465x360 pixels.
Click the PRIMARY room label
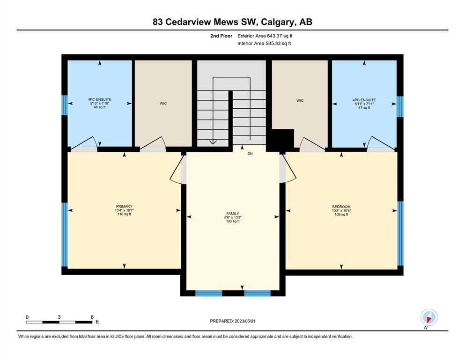pos(124,207)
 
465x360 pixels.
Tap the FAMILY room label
pos(233,213)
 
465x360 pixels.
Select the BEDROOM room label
pos(341,207)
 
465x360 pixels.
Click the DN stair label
pos(250,154)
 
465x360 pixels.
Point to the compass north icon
pos(429,317)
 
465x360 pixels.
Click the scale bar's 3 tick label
pos(59,317)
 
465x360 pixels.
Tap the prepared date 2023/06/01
pos(245,321)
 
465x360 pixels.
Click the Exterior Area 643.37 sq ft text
pos(265,36)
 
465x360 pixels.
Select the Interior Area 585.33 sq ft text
pos(264,43)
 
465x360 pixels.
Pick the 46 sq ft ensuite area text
pos(100,107)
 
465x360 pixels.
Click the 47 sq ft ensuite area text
pos(364,108)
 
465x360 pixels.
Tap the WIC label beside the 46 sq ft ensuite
pos(163,104)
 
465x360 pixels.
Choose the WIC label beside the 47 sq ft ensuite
pos(300,101)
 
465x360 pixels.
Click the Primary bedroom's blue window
pos(64,234)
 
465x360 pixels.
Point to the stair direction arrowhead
pos(213,142)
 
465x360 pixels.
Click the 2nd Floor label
pos(221,36)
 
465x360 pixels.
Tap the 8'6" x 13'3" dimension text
pos(233,217)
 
